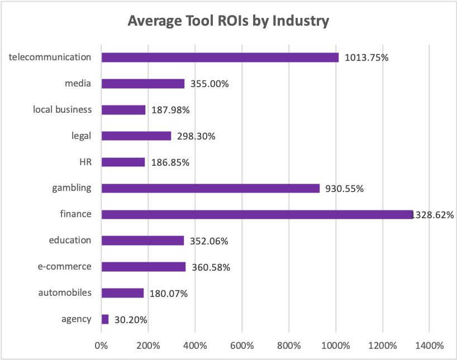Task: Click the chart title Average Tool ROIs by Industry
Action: (x=229, y=21)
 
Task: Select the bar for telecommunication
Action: (x=220, y=57)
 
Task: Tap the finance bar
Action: (x=257, y=214)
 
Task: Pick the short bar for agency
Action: (x=105, y=319)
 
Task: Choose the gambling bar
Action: (x=211, y=188)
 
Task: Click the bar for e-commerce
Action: (x=144, y=267)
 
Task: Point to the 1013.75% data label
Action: (x=366, y=58)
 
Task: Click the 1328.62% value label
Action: (x=434, y=215)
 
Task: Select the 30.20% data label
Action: (x=130, y=320)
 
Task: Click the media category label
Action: (x=78, y=84)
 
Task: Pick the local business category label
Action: (x=62, y=109)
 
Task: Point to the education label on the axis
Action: (x=70, y=241)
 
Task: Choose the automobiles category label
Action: (x=65, y=292)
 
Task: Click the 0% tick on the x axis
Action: (x=101, y=345)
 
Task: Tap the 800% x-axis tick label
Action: (x=288, y=345)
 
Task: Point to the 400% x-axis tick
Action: (x=195, y=345)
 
